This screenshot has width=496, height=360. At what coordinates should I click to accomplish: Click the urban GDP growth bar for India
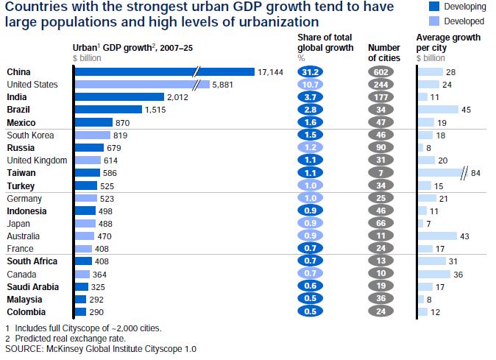[x=119, y=97]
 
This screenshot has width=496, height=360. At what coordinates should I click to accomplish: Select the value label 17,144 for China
[x=270, y=71]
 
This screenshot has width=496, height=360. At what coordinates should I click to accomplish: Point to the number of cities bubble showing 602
[x=381, y=71]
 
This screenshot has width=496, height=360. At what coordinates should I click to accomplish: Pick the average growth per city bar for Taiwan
[x=442, y=174]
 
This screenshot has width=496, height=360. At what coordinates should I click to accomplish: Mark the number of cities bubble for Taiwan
[x=381, y=174]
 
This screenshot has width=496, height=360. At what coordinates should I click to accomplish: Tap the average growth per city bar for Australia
[x=436, y=236]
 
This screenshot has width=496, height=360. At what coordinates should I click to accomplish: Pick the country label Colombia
[x=26, y=311]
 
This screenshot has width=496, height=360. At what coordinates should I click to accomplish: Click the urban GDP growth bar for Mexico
[x=93, y=123]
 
